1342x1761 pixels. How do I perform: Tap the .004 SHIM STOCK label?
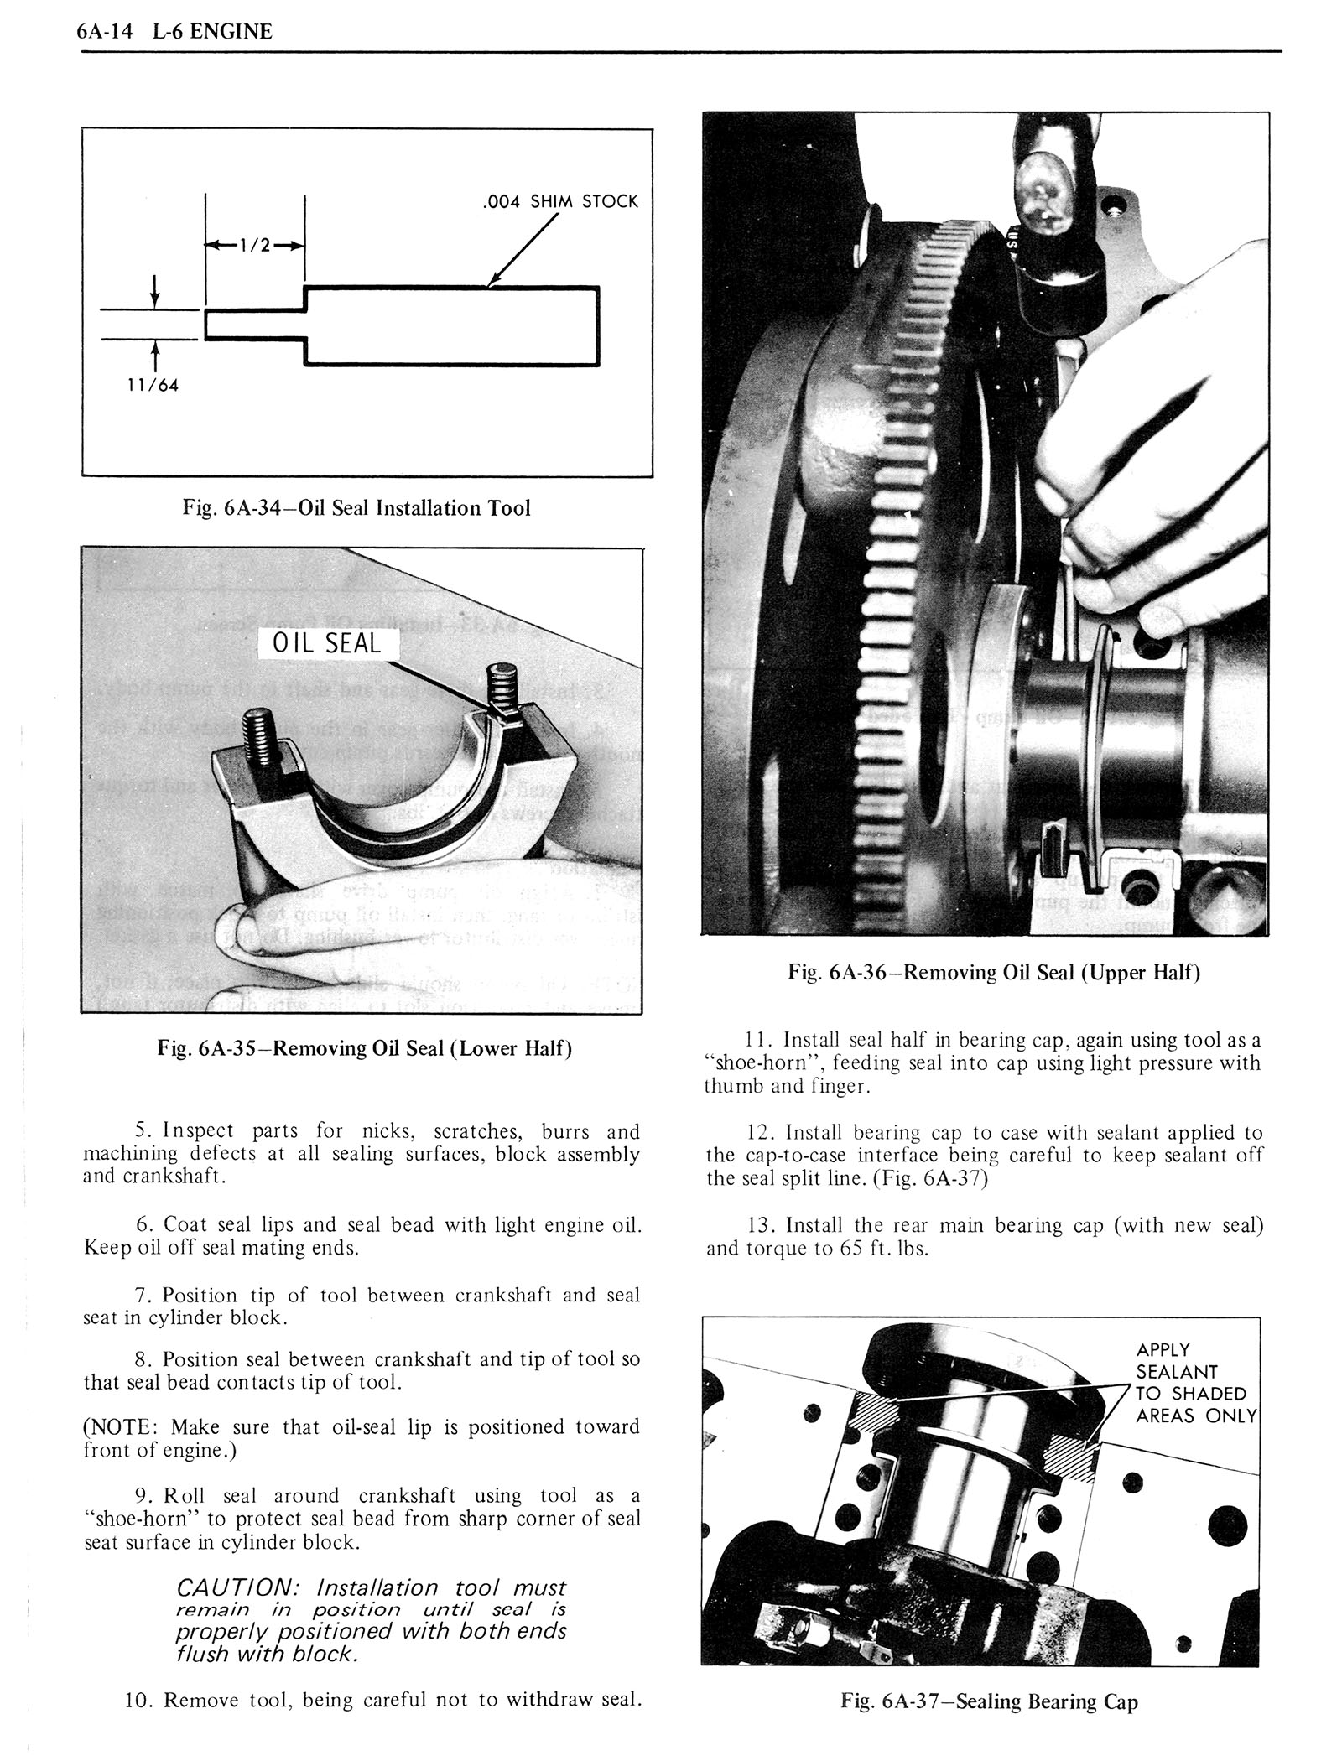tap(561, 201)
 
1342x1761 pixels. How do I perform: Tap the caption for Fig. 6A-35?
tap(364, 1048)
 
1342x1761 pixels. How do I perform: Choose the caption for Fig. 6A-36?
tap(994, 973)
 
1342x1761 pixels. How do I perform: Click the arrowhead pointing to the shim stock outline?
tap(493, 281)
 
